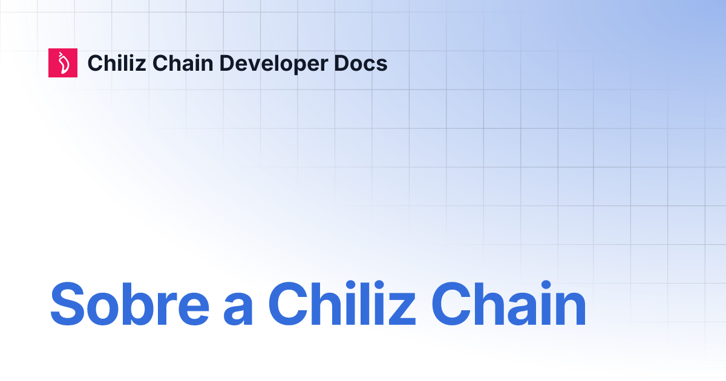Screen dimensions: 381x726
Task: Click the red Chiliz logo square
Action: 63,63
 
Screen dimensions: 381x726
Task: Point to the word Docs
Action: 361,63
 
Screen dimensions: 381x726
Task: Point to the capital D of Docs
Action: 342,63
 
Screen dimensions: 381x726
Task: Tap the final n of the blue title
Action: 570,308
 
